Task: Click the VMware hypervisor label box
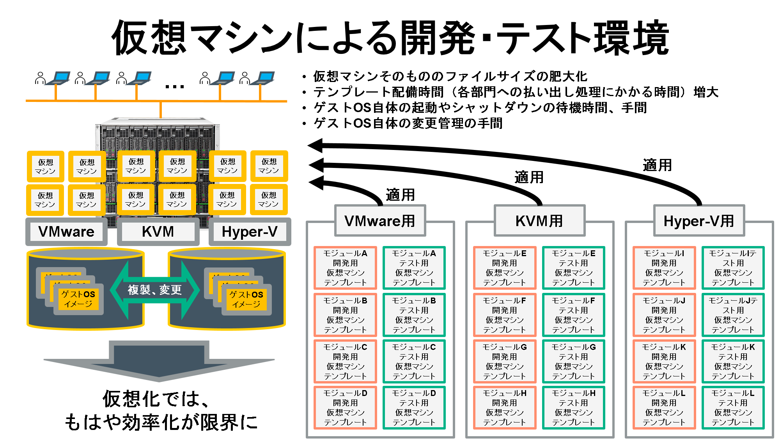coord(66,232)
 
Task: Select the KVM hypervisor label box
coord(158,232)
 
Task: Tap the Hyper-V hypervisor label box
coord(250,232)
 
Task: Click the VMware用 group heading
coord(380,221)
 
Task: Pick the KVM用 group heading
coord(539,221)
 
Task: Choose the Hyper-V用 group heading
coord(699,221)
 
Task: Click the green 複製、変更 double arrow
coord(155,290)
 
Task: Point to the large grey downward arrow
coord(159,361)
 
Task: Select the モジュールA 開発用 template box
coord(345,268)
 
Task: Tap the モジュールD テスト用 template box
coord(414,408)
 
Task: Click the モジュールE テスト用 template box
coord(573,268)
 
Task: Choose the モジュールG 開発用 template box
coord(504,361)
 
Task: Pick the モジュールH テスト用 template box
coord(573,408)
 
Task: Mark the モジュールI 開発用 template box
coord(664,268)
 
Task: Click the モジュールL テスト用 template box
coord(733,408)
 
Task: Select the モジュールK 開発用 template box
coord(664,361)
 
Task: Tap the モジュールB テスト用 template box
coord(414,315)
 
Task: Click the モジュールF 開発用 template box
coord(504,315)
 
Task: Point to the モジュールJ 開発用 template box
coord(664,315)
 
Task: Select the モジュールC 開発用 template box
coord(345,361)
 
